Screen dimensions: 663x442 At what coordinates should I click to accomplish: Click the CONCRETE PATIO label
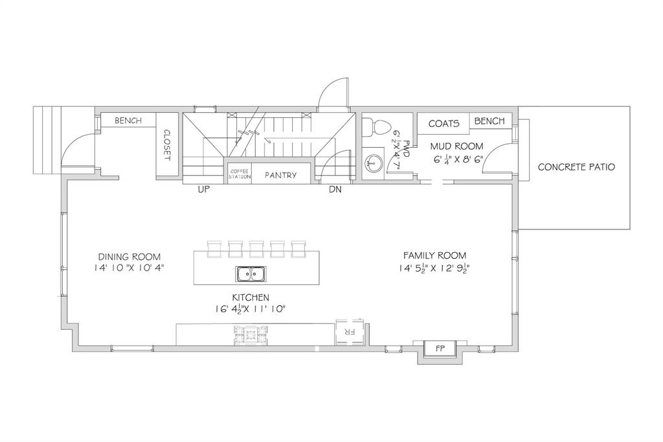[x=576, y=167]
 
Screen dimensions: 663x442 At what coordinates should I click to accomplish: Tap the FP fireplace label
[x=440, y=349]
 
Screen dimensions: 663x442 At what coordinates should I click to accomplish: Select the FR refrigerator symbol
[x=350, y=332]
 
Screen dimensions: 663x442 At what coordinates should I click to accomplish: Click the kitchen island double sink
[x=250, y=274]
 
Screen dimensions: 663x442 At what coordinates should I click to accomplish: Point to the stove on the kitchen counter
[x=251, y=334]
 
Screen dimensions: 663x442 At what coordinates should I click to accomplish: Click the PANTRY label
[x=281, y=175]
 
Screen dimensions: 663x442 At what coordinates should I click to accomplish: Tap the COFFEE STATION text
[x=240, y=174]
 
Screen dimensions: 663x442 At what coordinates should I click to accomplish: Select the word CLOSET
[x=166, y=145]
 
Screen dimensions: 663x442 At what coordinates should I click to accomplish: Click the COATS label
[x=444, y=124]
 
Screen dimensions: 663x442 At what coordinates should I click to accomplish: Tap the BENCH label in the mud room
[x=489, y=121]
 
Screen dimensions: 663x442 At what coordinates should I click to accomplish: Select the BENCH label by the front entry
[x=129, y=121]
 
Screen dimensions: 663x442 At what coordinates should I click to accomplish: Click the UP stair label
[x=204, y=190]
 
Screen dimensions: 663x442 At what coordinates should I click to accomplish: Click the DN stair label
[x=335, y=190]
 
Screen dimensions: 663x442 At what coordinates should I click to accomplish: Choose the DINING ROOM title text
[x=129, y=257]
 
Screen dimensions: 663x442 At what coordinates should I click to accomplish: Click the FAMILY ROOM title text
[x=434, y=255]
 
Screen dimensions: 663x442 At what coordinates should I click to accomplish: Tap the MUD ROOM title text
[x=456, y=146]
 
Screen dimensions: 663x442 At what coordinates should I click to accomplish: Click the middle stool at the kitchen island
[x=256, y=249]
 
